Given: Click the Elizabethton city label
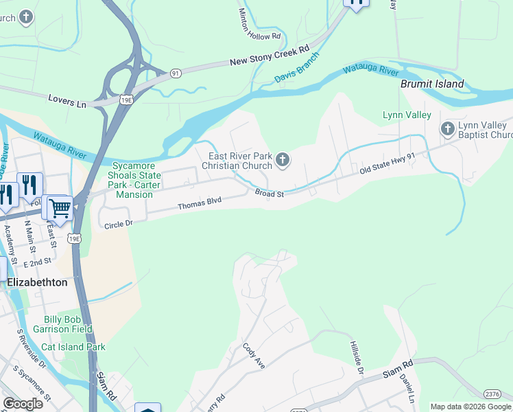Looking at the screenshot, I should (37, 282).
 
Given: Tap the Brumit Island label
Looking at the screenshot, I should (432, 84).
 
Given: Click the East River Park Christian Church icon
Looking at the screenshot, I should (282, 161).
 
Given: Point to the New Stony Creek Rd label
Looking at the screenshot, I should (270, 57).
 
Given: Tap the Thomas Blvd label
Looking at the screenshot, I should (200, 203).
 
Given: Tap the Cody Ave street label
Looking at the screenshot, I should (253, 354).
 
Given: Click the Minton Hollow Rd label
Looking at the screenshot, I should (259, 24).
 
